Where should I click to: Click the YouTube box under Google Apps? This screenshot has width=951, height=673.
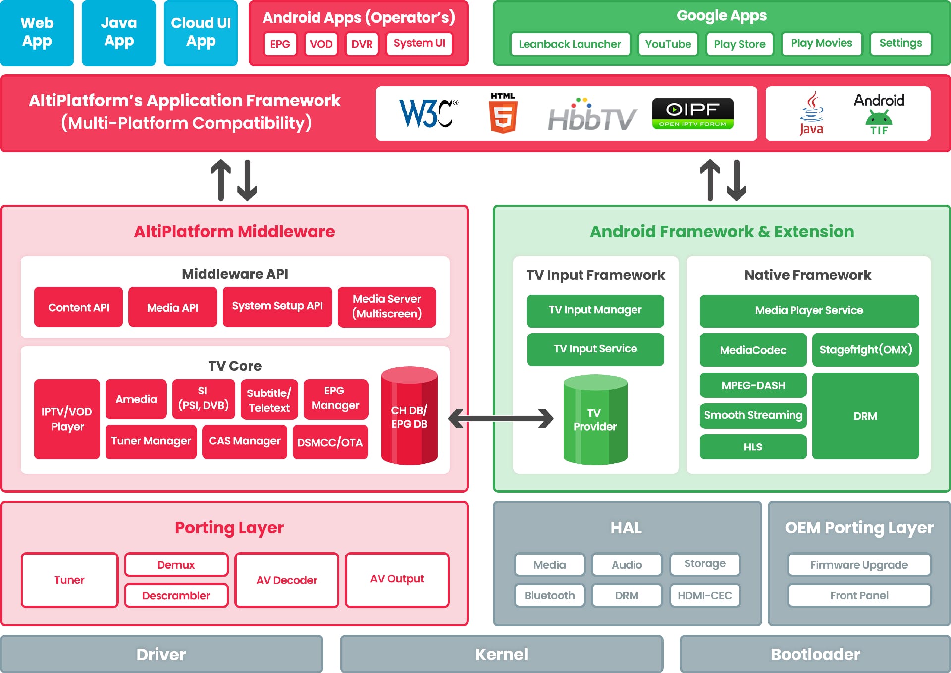pos(668,44)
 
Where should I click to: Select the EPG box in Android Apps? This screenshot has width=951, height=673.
pos(280,44)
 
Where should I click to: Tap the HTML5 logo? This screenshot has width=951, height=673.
pos(503,113)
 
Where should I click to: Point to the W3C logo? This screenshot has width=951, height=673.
pos(428,113)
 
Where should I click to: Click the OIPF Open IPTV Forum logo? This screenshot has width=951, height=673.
pos(692,113)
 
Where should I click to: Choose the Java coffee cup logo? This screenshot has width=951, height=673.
pos(811,113)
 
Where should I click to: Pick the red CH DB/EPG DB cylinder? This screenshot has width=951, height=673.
pos(409,416)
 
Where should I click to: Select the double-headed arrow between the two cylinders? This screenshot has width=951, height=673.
pos(501,418)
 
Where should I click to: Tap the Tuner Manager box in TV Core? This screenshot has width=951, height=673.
pos(151,441)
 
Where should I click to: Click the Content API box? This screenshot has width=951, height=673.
pos(78,307)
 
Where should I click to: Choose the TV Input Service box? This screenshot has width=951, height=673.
pos(595,349)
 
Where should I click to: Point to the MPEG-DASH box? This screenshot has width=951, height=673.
pos(752,386)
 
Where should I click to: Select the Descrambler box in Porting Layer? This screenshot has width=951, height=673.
pos(176,595)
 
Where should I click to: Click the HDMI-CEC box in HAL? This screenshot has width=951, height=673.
pos(704,595)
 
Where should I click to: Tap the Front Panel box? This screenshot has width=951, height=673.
pos(859,595)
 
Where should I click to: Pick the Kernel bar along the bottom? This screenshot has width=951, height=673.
pos(501,654)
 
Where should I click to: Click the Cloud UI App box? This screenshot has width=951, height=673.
pos(201,33)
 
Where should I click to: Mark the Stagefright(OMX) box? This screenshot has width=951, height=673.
pos(865,350)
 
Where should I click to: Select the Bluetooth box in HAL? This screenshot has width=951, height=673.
pos(549,595)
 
